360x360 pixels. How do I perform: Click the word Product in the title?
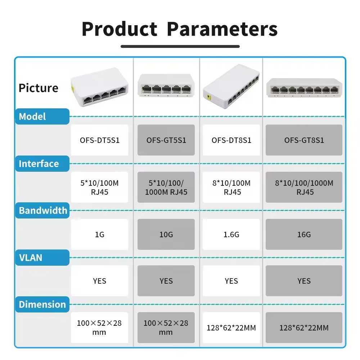(x=120, y=29)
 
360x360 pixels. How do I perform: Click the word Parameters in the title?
(x=222, y=29)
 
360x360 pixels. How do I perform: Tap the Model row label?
(x=32, y=117)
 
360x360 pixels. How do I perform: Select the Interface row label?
(x=39, y=164)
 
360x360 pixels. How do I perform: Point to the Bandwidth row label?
(x=43, y=211)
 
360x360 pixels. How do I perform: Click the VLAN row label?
(x=31, y=258)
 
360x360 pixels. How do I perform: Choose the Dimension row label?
(x=42, y=305)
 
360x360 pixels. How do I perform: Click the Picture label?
(x=39, y=88)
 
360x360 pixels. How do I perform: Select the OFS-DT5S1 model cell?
(x=100, y=140)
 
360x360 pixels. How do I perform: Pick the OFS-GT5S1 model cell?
(x=166, y=140)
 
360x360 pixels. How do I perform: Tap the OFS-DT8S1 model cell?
(x=231, y=140)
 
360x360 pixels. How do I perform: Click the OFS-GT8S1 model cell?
(x=304, y=140)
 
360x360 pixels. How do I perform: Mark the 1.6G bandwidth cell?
(x=231, y=234)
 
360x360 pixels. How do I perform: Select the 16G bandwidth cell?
(x=304, y=234)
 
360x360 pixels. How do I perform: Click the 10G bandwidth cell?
(x=166, y=234)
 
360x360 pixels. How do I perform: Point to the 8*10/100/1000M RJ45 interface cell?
(x=304, y=187)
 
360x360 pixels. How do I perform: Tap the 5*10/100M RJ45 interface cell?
(x=100, y=187)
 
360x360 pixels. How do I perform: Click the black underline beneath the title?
(x=180, y=46)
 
